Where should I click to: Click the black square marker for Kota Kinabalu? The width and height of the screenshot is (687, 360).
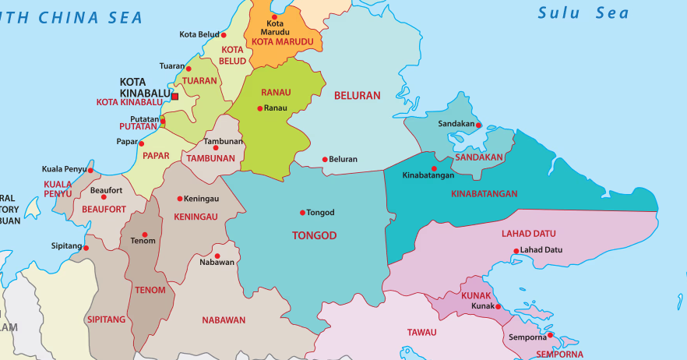point(174,97)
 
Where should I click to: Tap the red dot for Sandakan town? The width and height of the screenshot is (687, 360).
point(478,125)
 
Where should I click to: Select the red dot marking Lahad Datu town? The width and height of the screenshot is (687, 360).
point(516,251)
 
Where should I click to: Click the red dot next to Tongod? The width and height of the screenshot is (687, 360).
point(302,213)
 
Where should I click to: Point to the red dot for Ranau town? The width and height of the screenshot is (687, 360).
point(259,108)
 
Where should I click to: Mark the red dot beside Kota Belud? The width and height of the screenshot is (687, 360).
point(224,35)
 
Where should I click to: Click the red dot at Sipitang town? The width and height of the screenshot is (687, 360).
point(86,249)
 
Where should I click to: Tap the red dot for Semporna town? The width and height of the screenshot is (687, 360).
point(550,336)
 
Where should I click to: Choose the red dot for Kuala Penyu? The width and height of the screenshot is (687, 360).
point(90,170)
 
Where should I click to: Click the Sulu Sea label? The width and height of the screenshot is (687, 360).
point(583,13)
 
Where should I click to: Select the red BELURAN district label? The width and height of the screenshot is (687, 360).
point(357,96)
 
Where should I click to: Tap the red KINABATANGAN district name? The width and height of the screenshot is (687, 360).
point(484,194)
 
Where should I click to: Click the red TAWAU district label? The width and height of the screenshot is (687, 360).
point(421,333)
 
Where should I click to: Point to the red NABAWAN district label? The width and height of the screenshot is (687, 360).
point(224,320)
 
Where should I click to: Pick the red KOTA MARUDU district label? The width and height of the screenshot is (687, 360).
point(282,42)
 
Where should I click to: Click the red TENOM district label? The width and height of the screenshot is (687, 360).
point(150,291)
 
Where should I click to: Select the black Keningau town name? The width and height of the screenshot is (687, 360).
point(203,199)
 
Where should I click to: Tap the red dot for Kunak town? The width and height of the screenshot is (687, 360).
point(498,306)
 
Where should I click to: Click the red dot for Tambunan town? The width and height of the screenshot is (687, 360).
point(216,147)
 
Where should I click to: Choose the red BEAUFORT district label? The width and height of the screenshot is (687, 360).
point(104,210)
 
